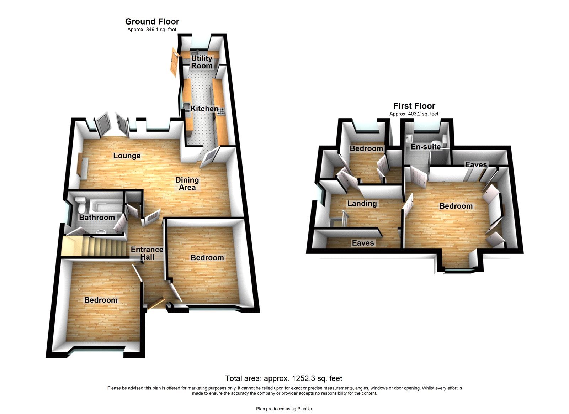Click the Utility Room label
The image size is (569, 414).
pos(202,62)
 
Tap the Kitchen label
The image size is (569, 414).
pos(204,109)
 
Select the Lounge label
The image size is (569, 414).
pos(127,156)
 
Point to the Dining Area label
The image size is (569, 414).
pos(187,184)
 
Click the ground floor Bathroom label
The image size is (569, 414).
pos(97,218)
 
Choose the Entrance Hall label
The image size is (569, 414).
pos(147,253)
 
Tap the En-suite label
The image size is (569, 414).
pos(426,147)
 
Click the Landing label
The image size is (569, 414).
pos(362,204)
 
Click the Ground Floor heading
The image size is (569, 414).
pos(152,22)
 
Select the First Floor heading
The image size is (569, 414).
pos(414,106)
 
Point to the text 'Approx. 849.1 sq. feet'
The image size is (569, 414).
pos(152,30)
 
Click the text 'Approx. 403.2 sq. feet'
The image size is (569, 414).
pos(414,114)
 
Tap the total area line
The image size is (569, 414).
pos(284,378)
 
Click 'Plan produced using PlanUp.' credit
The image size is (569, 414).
pos(284,409)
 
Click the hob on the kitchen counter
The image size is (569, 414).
pos(221,112)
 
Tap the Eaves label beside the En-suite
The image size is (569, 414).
pos(476,164)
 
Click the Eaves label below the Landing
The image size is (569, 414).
pos(363,243)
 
